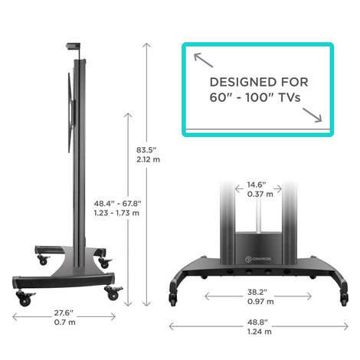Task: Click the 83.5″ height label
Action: [x=146, y=150]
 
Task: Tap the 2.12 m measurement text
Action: [x=148, y=159]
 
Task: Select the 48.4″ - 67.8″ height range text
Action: [x=117, y=204]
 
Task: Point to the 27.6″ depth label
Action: [x=64, y=313]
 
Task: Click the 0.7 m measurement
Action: [x=64, y=322]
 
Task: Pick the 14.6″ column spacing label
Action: [x=257, y=185]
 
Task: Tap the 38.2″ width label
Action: [x=257, y=292]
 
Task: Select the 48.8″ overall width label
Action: [x=257, y=322]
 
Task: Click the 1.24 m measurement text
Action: [x=260, y=332]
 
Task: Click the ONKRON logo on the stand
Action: [x=258, y=259]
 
